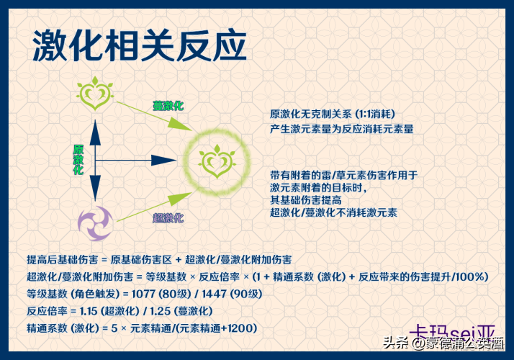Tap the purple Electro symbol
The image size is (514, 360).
click(96, 223)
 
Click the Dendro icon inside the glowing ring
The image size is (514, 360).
click(217, 161)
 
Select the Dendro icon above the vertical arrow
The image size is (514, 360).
click(95, 94)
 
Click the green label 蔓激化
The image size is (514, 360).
click(168, 106)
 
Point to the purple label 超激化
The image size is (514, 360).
click(168, 217)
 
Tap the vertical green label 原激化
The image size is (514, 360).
click(78, 160)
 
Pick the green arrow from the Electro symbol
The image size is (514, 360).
click(154, 207)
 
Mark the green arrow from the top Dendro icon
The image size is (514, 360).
click(154, 116)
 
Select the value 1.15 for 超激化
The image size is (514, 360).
click(89, 311)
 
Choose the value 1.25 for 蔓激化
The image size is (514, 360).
click(161, 311)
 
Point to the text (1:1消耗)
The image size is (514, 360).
click(375, 114)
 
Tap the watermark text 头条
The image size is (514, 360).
click(396, 343)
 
